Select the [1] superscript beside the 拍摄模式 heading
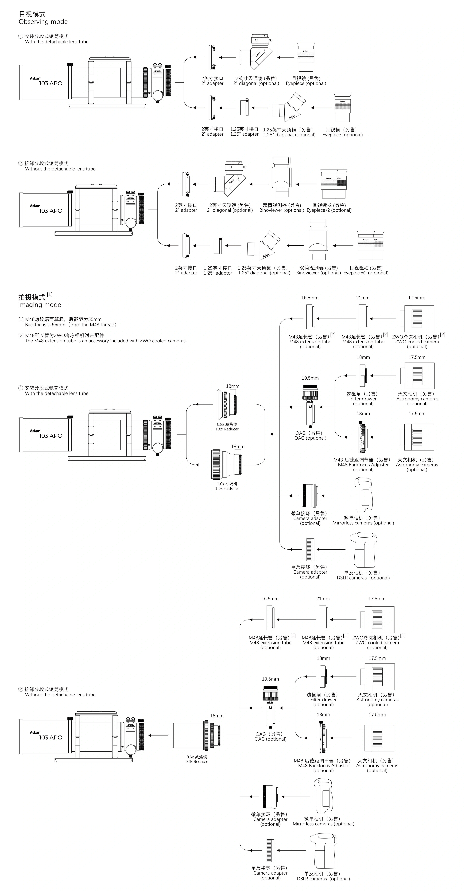click(x=50, y=294)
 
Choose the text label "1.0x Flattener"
click(x=227, y=488)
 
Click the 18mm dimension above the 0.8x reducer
click(x=232, y=386)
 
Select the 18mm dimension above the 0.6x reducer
click(x=217, y=716)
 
